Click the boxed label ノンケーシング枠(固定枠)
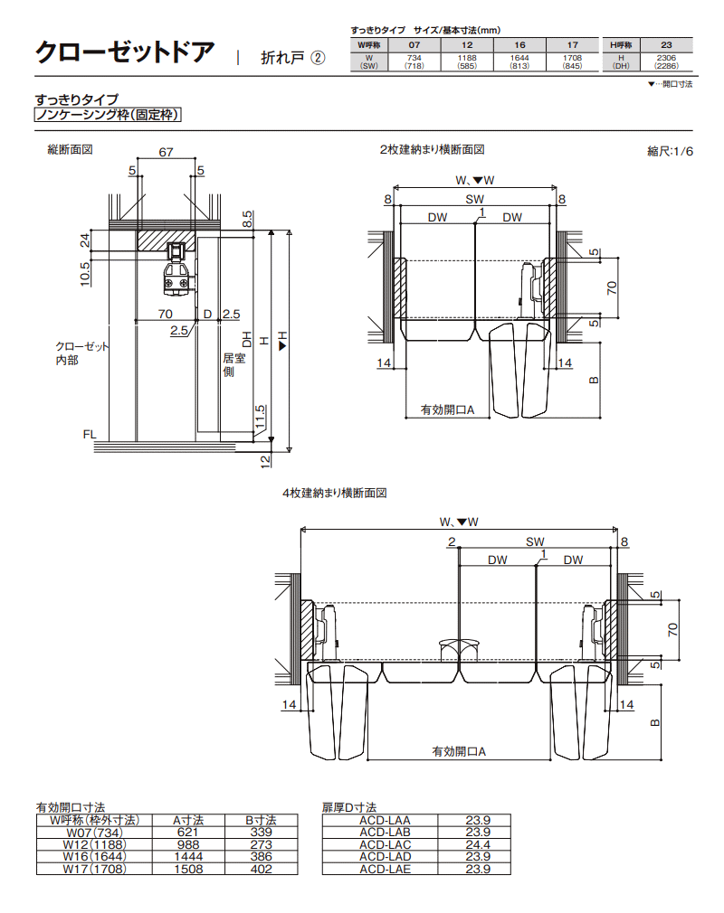108,115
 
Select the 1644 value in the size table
519,57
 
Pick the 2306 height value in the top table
667,57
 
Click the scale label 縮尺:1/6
670,151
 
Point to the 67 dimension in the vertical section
166,153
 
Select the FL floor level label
90,435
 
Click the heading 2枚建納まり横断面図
433,149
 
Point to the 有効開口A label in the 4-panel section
459,751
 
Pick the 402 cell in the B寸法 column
261,869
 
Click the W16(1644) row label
93,856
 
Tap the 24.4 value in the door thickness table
477,844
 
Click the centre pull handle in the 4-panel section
459,648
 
